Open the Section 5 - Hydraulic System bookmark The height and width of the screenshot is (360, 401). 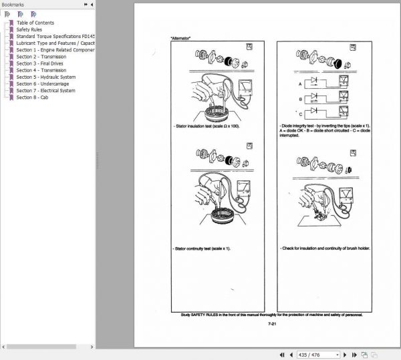[x=45, y=77]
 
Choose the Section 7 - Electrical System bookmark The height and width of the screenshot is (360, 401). [x=45, y=90]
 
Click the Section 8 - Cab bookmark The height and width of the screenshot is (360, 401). [x=33, y=97]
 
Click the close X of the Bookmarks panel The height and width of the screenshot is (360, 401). [x=92, y=4]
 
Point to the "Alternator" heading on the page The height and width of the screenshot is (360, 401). [x=181, y=37]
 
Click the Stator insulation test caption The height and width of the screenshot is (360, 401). [x=205, y=126]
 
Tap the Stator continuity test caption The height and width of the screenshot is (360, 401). [x=201, y=248]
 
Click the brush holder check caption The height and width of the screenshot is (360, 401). [x=325, y=248]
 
